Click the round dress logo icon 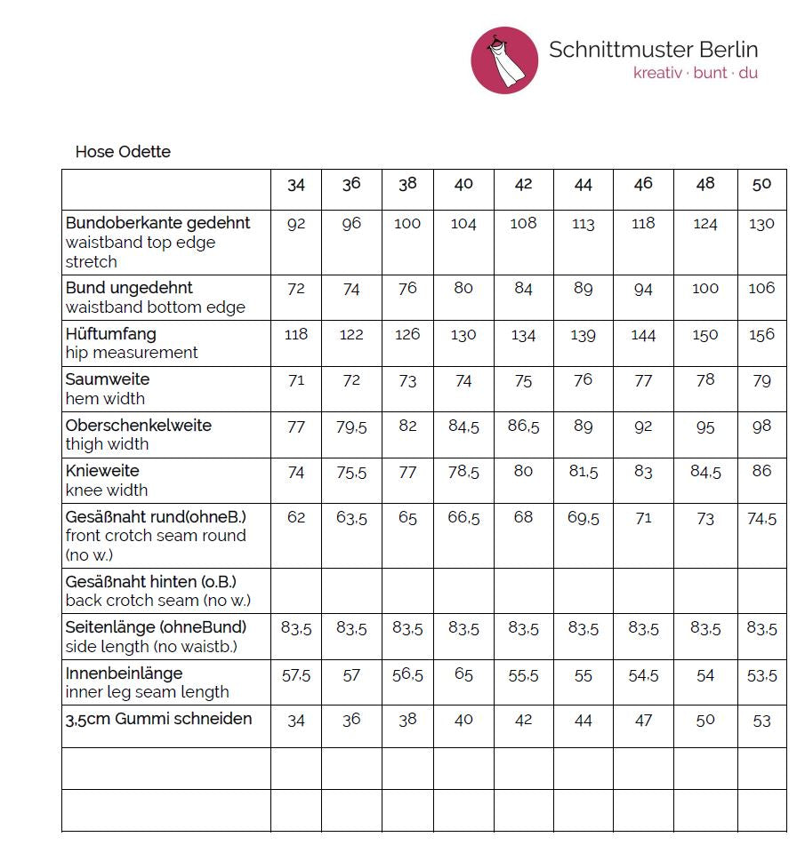[504, 60]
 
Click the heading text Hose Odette [123, 152]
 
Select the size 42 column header [523, 184]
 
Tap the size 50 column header [761, 184]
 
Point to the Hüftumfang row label [111, 334]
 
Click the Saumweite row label [108, 379]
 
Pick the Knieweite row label [102, 471]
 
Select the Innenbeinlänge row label [124, 674]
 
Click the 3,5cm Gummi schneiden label [158, 719]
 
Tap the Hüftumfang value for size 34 [296, 334]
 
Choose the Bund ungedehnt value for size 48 [705, 289]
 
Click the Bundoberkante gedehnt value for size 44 [583, 224]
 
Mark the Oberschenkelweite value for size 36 [351, 426]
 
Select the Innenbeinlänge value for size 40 [463, 674]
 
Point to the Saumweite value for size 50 [761, 380]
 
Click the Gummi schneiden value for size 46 [643, 720]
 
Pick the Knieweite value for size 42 [523, 472]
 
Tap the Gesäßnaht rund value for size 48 [705, 517]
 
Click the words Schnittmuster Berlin [653, 50]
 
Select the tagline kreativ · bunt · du [695, 73]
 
